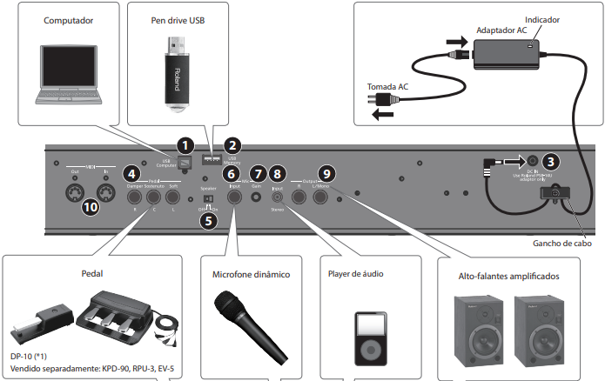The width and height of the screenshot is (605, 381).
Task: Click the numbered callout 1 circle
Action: click(183, 144)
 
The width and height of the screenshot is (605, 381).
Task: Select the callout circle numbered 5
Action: click(207, 220)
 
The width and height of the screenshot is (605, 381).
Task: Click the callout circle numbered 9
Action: click(325, 175)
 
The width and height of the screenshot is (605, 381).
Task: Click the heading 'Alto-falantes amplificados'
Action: click(508, 276)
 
